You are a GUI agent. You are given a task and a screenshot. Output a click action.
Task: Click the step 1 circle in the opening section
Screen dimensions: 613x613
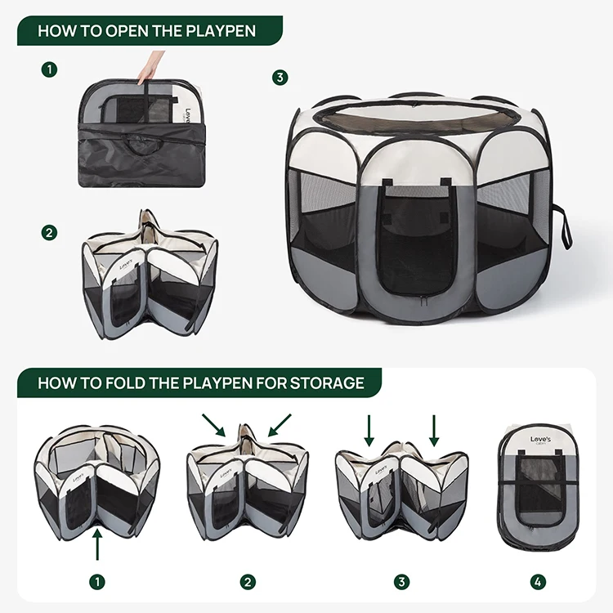click(50, 69)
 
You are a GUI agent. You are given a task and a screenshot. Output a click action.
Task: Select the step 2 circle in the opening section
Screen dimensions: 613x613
click(50, 233)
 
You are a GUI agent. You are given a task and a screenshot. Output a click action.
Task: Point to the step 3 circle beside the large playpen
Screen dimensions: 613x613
click(280, 78)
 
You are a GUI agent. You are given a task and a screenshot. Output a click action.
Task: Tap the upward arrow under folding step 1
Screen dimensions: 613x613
click(97, 543)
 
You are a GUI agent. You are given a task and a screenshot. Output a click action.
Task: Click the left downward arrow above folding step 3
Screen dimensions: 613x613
click(369, 430)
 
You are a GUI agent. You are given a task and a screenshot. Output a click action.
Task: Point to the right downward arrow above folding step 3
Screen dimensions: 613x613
click(434, 430)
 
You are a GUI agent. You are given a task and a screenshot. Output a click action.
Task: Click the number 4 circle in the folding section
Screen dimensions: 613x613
click(537, 582)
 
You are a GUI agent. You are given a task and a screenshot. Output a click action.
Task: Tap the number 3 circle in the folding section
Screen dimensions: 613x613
click(401, 582)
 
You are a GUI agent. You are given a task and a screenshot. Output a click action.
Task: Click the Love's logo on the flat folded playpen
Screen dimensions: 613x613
click(540, 441)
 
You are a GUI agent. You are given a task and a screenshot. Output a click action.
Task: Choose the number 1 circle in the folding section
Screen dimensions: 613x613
click(97, 582)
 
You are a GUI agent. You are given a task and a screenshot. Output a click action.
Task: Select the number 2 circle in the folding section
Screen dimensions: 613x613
click(248, 582)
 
